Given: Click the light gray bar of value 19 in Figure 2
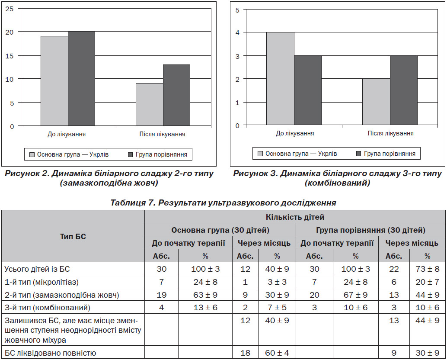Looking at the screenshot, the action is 54,81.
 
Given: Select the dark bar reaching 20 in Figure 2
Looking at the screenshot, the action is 81,78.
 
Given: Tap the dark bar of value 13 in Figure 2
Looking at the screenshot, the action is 176,95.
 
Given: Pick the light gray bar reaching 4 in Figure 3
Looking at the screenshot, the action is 280,78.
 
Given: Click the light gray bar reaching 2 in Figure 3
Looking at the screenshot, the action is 376,102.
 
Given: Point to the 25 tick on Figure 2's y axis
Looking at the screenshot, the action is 10,9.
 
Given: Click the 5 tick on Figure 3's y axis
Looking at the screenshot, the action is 237,10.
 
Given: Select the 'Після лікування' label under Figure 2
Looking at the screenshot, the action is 162,134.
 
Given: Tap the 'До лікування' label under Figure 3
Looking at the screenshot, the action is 295,133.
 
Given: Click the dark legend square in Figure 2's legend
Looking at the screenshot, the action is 131,154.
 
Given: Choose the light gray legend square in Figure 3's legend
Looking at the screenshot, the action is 260,154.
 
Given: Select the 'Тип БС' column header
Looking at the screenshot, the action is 73,237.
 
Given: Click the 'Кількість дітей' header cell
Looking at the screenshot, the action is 295,217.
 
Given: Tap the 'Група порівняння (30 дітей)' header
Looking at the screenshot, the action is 370,230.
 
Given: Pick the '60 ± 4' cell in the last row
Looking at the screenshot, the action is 277,353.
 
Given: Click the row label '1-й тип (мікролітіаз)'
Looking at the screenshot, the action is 42,282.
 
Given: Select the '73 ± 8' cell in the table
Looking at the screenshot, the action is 427,269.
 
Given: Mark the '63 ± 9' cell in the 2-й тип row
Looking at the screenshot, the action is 205,295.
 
